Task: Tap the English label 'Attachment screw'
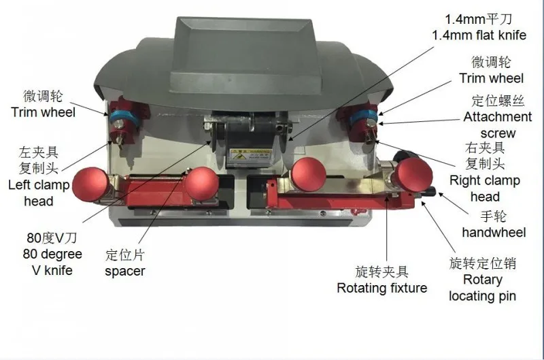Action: coord(498,125)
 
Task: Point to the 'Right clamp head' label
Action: coord(485,189)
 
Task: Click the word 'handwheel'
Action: coord(494,233)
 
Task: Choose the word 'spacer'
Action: coord(125,272)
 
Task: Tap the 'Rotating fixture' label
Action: coord(382,288)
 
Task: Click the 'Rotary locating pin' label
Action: coord(482,287)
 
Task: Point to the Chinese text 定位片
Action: coord(126,255)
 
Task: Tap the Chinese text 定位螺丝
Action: coord(498,101)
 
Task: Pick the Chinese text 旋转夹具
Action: coord(382,272)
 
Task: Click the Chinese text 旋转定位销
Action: coord(483,263)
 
